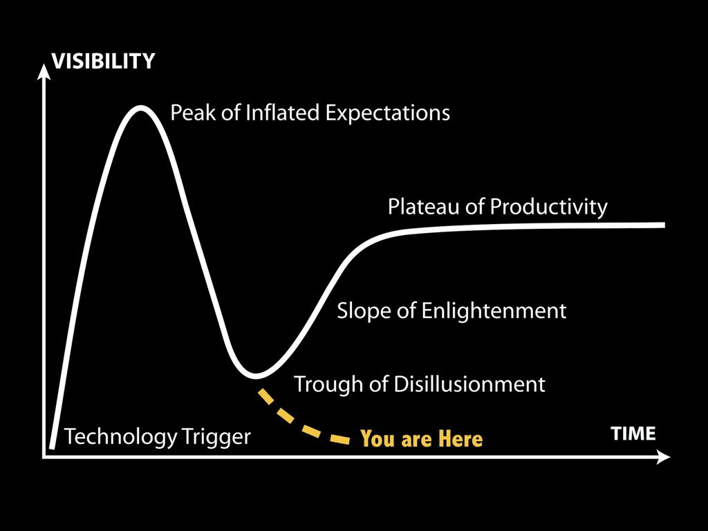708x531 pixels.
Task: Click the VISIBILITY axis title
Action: [x=104, y=61]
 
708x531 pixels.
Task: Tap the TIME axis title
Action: [x=633, y=434]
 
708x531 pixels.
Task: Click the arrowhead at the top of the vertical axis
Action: [x=44, y=71]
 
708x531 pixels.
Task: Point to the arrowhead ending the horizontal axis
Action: [x=663, y=457]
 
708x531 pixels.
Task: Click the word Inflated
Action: [x=282, y=113]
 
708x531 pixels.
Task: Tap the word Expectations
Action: [x=387, y=113]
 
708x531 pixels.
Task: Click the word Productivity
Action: [x=548, y=207]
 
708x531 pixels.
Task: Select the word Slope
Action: [x=364, y=311]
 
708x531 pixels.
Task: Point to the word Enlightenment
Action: [x=494, y=311]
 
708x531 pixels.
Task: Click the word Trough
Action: [x=328, y=384]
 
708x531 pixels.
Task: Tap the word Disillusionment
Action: [x=469, y=384]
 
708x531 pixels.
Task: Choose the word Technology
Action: [x=121, y=437]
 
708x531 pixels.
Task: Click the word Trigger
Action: [x=216, y=437]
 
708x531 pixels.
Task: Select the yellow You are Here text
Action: [x=421, y=439]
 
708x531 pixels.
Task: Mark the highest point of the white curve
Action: [x=141, y=107]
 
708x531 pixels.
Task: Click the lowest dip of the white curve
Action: [x=256, y=375]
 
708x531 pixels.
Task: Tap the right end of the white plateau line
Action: [x=664, y=225]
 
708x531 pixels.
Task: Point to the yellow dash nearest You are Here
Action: [x=339, y=439]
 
